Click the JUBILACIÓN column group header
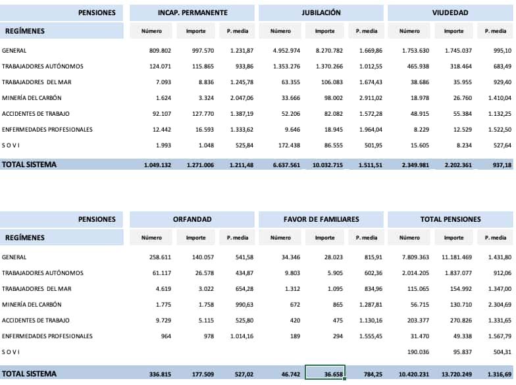(321, 13)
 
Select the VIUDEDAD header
(450, 13)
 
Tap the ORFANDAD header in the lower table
(192, 219)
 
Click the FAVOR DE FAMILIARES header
(321, 219)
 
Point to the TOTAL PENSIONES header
(450, 219)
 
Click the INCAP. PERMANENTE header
(192, 13)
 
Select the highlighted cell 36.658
(324, 373)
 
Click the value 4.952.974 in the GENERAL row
(286, 51)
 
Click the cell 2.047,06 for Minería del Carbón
(240, 98)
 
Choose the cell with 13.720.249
(453, 373)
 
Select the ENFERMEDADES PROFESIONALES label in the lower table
(47, 336)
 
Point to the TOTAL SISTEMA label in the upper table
(29, 165)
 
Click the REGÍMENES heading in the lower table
(25, 238)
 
